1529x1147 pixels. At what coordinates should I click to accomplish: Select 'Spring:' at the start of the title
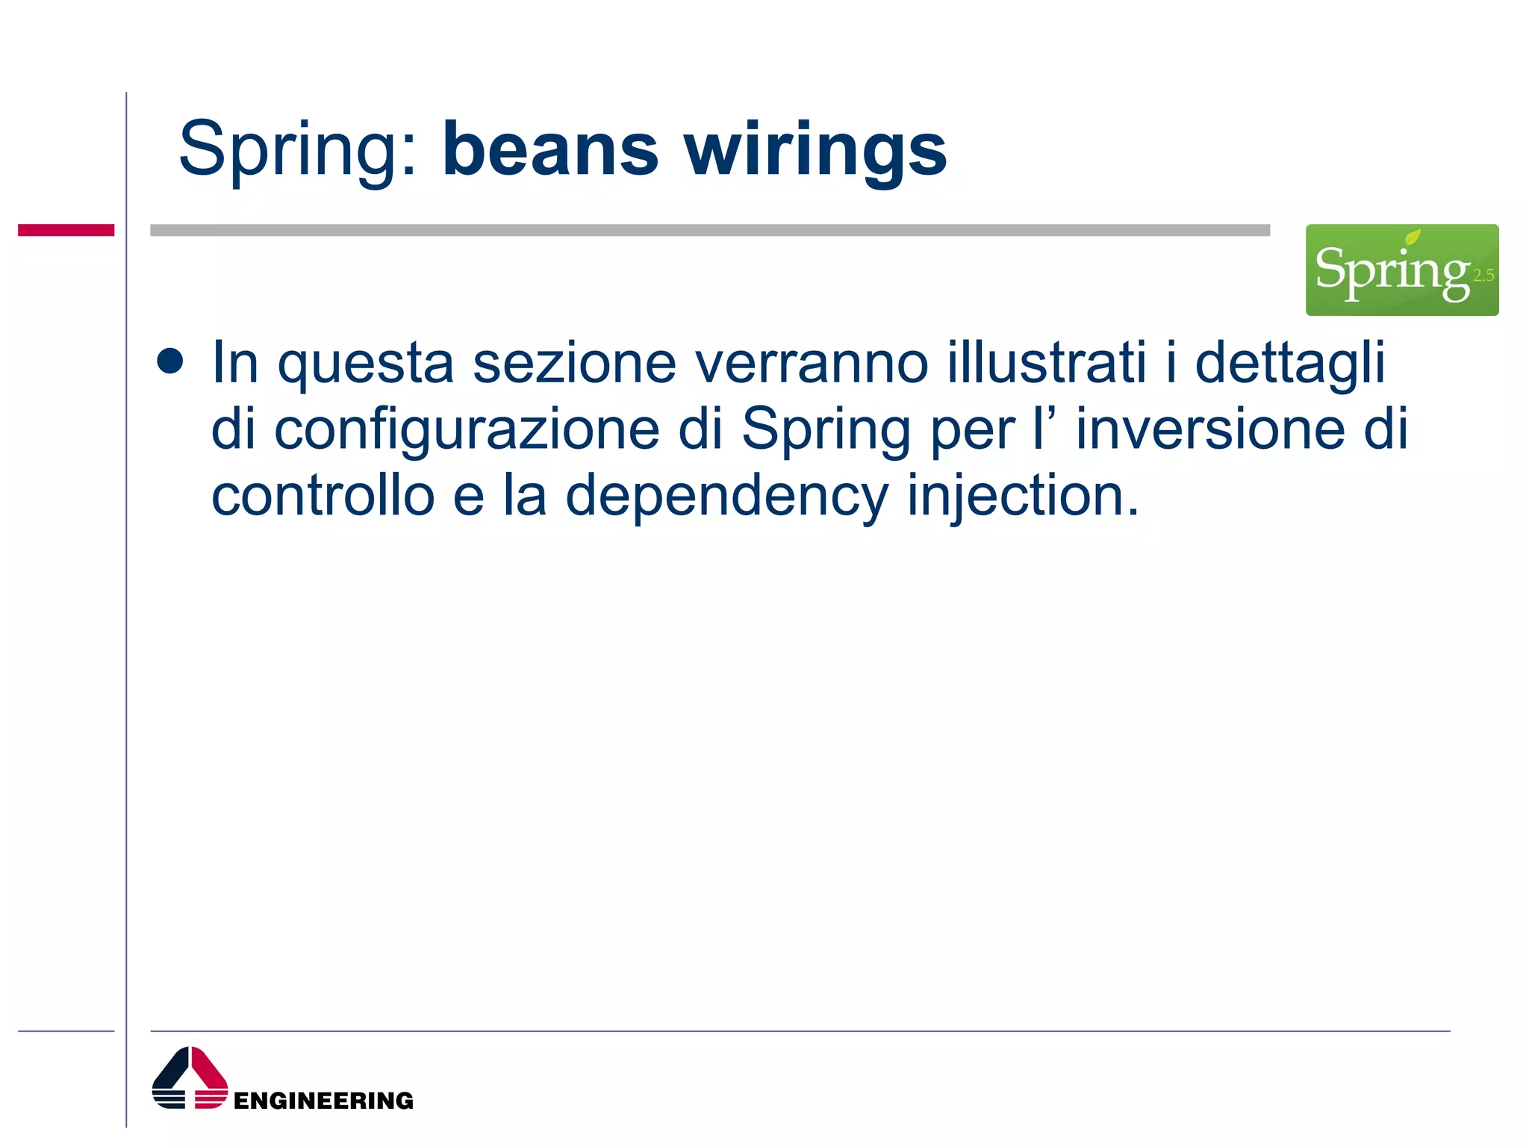(297, 149)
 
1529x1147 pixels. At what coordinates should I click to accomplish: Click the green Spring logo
(1401, 270)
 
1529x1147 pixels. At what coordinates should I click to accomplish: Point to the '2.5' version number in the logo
(1483, 276)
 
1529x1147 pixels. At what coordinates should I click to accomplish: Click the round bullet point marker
(170, 361)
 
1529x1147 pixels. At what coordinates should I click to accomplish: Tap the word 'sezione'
(574, 363)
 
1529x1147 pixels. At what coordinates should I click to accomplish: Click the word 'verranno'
(812, 363)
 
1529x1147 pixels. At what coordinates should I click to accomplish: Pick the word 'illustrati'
(1046, 363)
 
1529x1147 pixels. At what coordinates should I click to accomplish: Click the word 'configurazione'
(467, 431)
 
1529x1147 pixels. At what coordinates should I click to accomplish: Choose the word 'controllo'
(323, 496)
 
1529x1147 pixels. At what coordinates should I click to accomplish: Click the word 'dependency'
(726, 497)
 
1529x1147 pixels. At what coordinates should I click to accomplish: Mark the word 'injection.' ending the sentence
(1023, 497)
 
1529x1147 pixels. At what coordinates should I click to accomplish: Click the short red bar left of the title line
(66, 230)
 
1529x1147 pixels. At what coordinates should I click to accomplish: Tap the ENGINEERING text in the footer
(323, 1101)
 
